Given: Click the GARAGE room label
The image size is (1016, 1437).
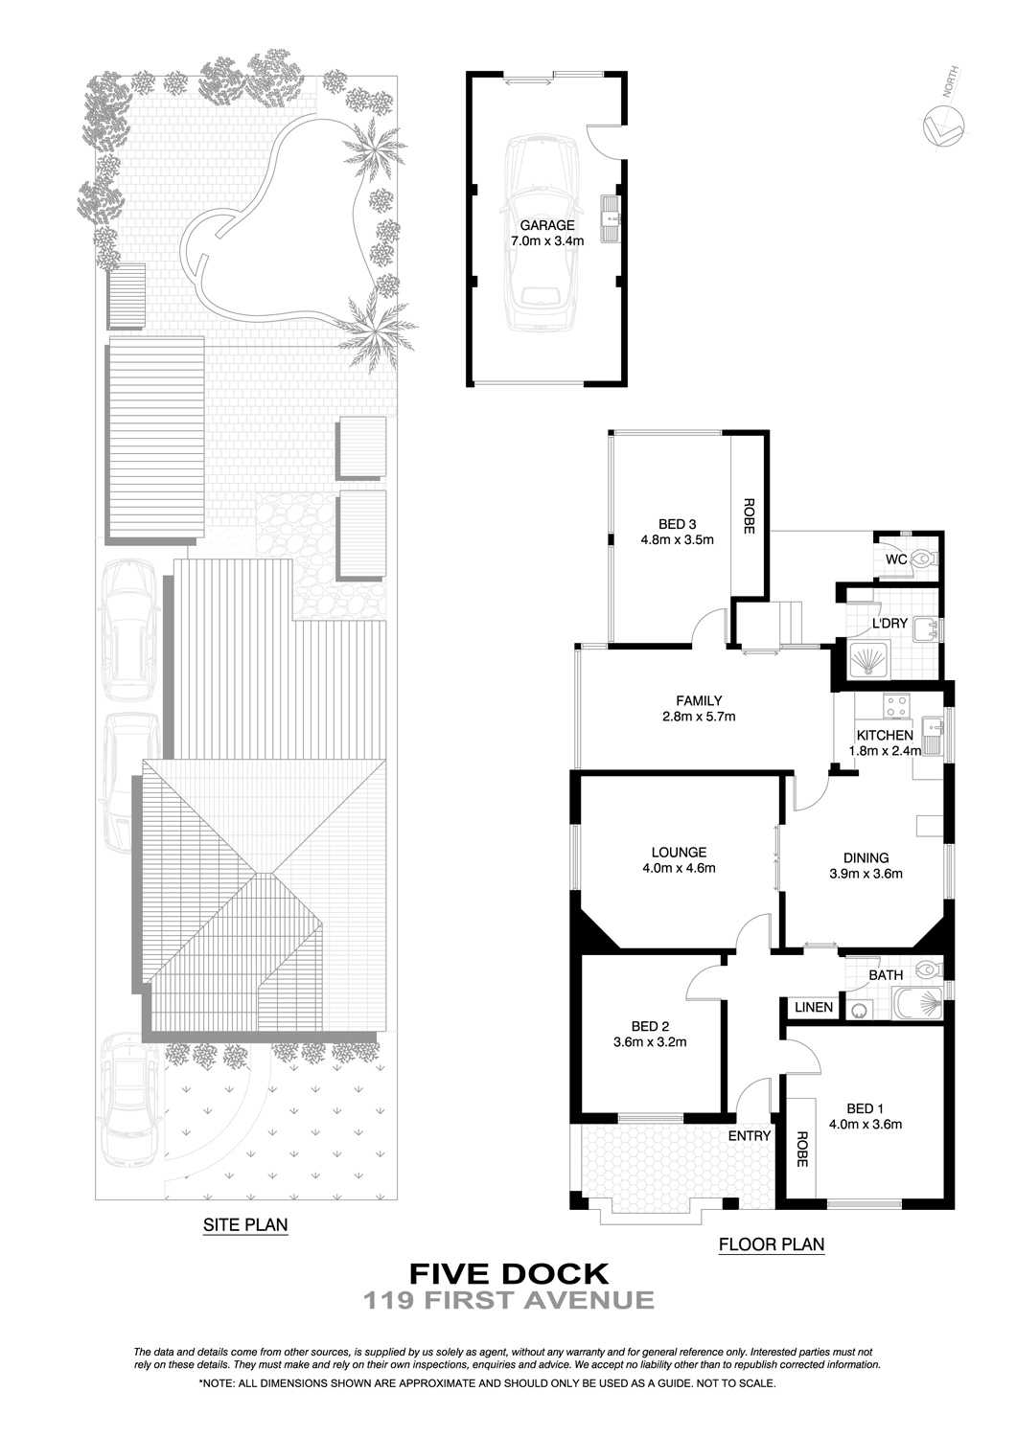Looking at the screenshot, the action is point(547,225).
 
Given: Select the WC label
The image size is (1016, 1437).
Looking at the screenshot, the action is point(896,559).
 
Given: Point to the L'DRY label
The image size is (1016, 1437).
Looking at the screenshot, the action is point(889,623).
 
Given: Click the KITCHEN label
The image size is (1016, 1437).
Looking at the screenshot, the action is point(885,735).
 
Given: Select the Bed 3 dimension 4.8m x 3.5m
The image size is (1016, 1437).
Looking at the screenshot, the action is point(677,540).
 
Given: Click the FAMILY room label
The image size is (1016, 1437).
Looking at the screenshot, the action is point(699,700).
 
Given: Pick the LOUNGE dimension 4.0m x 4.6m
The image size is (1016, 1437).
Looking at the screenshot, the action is point(679,869).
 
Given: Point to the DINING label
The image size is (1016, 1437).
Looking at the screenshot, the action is point(866,857).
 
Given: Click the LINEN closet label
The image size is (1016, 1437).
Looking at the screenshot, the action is point(813,1007).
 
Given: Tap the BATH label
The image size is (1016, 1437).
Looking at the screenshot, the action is point(886,975).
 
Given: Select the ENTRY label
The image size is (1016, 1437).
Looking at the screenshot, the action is point(749,1136).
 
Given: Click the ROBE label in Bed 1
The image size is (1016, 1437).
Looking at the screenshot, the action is point(801,1149).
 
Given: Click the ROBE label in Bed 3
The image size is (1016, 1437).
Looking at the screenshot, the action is point(749,516).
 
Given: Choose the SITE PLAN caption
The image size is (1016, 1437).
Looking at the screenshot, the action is point(245,1224).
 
